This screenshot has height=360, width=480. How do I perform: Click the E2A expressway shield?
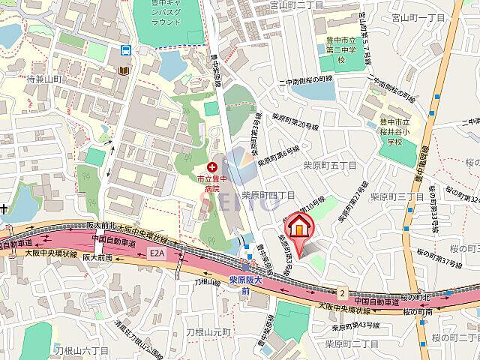[x=156, y=254]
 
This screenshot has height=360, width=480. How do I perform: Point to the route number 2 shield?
[x=342, y=292]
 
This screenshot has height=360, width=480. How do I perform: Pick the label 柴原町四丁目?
[x=268, y=196]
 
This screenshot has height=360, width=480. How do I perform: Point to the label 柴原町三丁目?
[x=401, y=196]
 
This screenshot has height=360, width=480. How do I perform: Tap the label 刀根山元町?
[x=211, y=331]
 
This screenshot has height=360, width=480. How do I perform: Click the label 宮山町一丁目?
[x=418, y=16]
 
